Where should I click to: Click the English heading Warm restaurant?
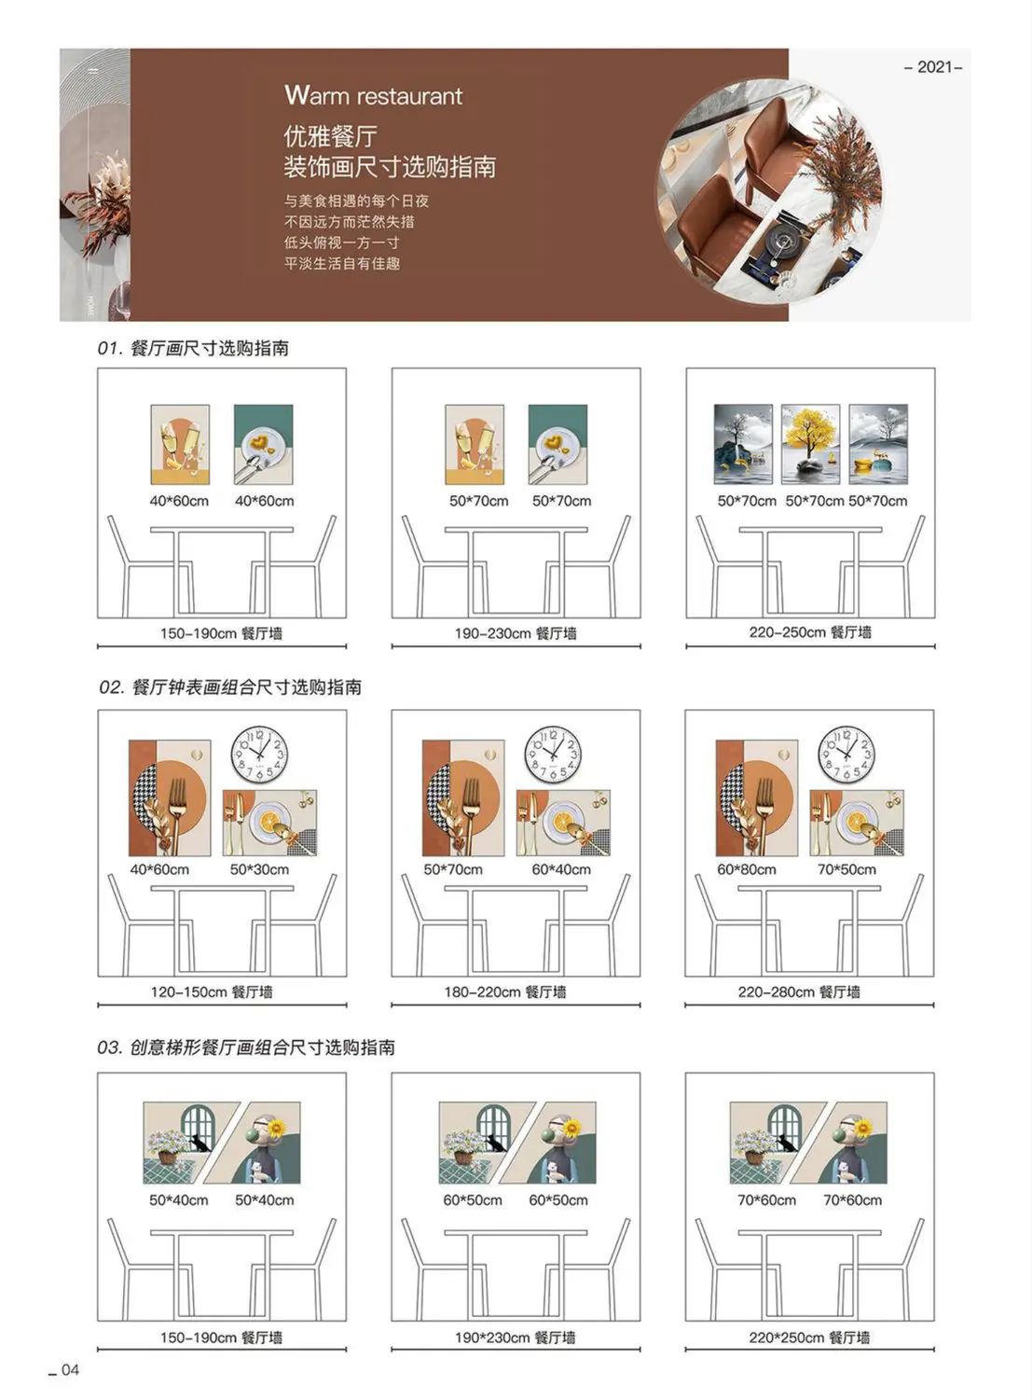(374, 96)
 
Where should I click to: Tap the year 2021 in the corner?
(933, 67)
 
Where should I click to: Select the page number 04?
(70, 1370)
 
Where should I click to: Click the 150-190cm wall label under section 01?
(221, 633)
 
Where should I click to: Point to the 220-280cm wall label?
(799, 991)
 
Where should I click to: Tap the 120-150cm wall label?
(211, 991)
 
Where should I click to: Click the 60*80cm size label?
(747, 869)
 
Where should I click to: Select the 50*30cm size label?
(259, 869)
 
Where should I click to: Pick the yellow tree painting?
(810, 444)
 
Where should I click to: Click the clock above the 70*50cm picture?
(846, 755)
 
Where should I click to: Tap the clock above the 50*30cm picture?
(259, 755)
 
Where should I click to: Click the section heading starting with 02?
(230, 687)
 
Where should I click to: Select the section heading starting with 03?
(246, 1047)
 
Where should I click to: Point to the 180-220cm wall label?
(505, 991)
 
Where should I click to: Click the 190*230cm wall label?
(516, 1338)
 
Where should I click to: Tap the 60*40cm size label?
(561, 869)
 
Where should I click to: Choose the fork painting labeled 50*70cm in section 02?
(463, 798)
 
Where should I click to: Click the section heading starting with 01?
(193, 348)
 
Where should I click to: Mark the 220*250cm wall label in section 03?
(809, 1338)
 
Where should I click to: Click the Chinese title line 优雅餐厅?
(330, 135)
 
